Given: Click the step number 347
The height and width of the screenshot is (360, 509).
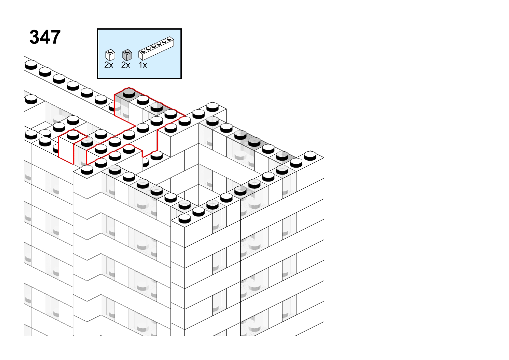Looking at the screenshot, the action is coord(45,37).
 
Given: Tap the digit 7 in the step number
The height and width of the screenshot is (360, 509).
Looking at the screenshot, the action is coord(55,37).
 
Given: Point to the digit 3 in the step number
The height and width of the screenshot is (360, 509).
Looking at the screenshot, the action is coord(34,37).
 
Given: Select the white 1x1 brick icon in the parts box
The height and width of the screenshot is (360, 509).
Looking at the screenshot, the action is coord(110,55).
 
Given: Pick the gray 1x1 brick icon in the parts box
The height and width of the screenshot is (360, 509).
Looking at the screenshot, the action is coord(127,55).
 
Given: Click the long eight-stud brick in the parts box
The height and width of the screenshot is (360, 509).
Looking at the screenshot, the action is coord(156,48).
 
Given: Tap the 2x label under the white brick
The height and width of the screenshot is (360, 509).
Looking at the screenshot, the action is coord(109,65).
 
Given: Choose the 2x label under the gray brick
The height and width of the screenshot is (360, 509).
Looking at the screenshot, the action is coord(125,65).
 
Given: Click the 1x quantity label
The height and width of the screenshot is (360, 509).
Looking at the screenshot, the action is coord(143,65).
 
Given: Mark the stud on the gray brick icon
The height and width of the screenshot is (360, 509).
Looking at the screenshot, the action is coord(127,51).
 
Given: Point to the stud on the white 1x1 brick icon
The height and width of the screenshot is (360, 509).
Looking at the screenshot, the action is coord(110,51).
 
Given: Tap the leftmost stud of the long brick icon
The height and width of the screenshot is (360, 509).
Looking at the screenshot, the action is coord(143,50).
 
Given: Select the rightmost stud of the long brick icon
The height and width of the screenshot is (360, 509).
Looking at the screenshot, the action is coord(169,38).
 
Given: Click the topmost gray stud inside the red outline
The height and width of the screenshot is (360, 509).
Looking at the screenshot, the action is coord(129,93).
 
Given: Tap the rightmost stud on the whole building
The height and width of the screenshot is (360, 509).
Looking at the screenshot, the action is coord(310,156).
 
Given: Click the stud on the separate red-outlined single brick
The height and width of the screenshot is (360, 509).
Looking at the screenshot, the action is coord(73,135).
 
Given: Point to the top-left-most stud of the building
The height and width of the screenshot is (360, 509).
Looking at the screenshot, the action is coord(31,65).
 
